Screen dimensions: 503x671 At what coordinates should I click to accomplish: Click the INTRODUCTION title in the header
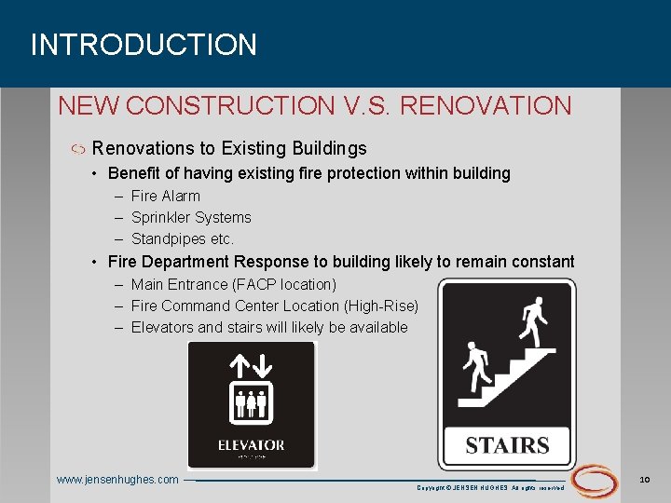point(144,45)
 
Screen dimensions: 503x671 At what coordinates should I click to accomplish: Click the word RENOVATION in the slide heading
point(486,106)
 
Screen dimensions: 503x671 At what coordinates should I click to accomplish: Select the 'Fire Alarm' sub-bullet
point(165,196)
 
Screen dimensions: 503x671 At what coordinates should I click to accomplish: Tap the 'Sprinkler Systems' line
point(191,217)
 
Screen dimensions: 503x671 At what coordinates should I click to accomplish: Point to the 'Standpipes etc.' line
point(183,238)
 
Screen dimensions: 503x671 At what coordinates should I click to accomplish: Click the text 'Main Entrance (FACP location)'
point(233,284)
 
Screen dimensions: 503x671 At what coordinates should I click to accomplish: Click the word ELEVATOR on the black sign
point(251,445)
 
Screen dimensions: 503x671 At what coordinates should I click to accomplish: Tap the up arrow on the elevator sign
point(240,363)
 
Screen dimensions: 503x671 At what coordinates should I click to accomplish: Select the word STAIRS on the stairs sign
point(507,445)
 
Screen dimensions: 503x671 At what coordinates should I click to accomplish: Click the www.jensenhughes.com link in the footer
point(117,480)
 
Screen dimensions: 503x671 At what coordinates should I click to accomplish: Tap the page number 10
point(644,479)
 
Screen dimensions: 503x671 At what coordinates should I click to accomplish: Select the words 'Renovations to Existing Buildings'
point(229,148)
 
